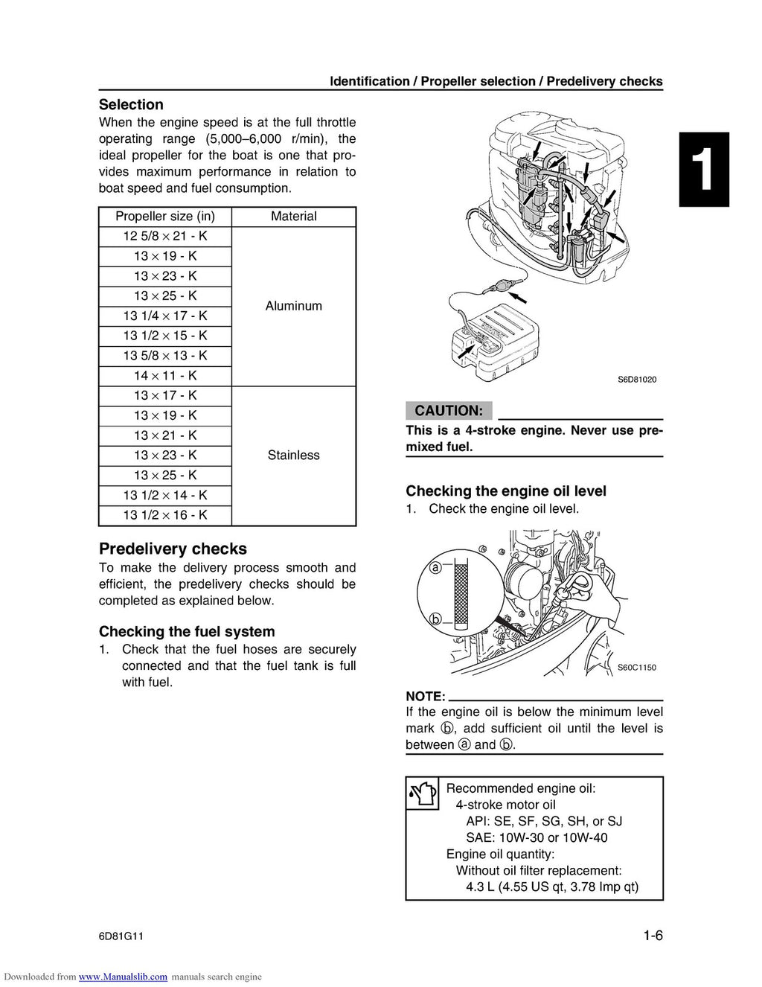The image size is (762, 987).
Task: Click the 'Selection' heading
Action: (131, 105)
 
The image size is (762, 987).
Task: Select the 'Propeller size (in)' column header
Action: (165, 217)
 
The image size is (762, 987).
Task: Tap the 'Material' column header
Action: (293, 217)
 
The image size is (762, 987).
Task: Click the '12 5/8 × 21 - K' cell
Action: (165, 237)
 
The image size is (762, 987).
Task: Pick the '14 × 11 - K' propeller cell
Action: (165, 376)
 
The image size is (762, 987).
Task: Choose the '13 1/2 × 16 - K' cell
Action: (165, 515)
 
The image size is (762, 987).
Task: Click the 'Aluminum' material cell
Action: (293, 306)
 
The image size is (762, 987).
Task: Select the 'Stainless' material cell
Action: (293, 456)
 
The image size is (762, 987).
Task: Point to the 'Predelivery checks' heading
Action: (173, 549)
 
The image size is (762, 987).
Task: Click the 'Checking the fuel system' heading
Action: (187, 632)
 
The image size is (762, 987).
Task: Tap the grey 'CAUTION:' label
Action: (449, 411)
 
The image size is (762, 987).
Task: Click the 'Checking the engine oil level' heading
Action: (506, 491)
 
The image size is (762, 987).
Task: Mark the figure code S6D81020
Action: (637, 380)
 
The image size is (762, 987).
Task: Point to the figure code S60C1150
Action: (637, 668)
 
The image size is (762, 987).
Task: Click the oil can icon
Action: (424, 794)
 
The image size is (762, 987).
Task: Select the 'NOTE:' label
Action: (425, 697)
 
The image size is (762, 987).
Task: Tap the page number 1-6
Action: (653, 936)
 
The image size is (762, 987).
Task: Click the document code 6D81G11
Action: (121, 936)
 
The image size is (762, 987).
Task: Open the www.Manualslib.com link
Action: (123, 977)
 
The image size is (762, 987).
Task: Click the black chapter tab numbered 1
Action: (704, 170)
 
